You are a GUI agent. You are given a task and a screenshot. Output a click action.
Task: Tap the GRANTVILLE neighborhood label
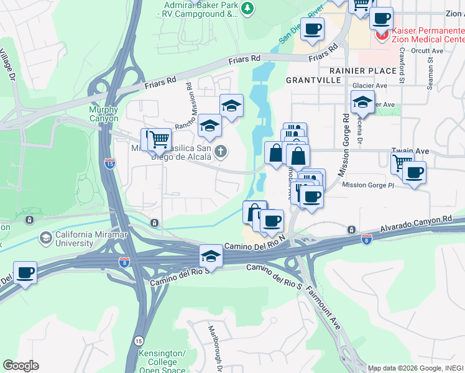(313, 81)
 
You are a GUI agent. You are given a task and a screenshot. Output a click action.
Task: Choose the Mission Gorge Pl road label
(367, 185)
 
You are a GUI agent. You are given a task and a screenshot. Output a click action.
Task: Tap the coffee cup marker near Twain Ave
(414, 172)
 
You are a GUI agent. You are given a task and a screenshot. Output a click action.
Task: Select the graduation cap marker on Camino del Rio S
(211, 256)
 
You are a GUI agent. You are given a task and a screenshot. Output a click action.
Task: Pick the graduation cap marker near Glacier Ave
(362, 101)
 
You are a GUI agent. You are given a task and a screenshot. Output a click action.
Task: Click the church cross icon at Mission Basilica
(221, 151)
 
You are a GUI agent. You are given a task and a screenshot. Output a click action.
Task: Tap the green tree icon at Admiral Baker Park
(248, 8)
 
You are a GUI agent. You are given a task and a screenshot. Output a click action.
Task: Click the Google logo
(21, 365)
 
